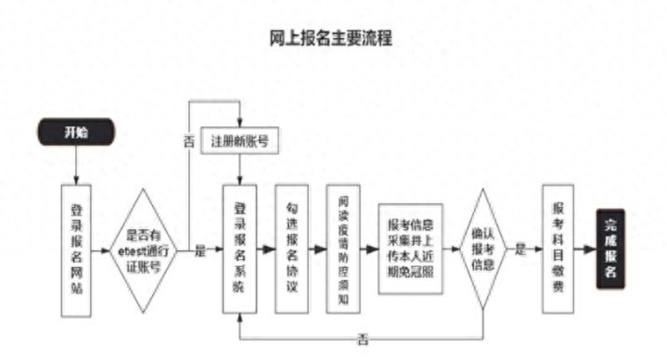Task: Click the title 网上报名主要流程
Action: click(x=333, y=38)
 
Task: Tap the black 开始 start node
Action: click(x=76, y=132)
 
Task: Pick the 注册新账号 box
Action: click(x=239, y=142)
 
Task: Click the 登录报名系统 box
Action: click(x=240, y=249)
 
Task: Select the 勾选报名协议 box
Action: click(x=292, y=249)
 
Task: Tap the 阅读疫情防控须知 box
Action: click(x=343, y=249)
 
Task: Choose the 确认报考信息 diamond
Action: click(x=483, y=249)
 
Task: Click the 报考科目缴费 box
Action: click(x=557, y=249)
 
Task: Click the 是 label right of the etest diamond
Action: click(x=199, y=251)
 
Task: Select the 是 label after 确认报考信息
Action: click(x=522, y=250)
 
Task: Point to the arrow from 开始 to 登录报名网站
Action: click(x=77, y=165)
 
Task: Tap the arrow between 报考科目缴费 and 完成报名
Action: click(x=584, y=250)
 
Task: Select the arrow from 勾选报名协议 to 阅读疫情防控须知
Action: click(x=318, y=250)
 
